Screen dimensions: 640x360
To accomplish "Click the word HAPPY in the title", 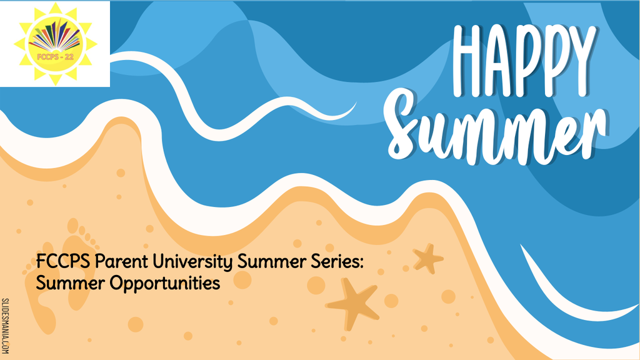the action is click(524, 61).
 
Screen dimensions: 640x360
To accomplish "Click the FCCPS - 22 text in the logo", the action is click(56, 57).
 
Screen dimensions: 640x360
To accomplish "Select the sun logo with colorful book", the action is click(56, 44).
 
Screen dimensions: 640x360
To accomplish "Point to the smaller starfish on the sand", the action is click(427, 258).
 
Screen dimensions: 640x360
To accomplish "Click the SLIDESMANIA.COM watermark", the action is click(5, 326).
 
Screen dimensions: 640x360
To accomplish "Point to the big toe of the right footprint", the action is click(72, 225).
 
